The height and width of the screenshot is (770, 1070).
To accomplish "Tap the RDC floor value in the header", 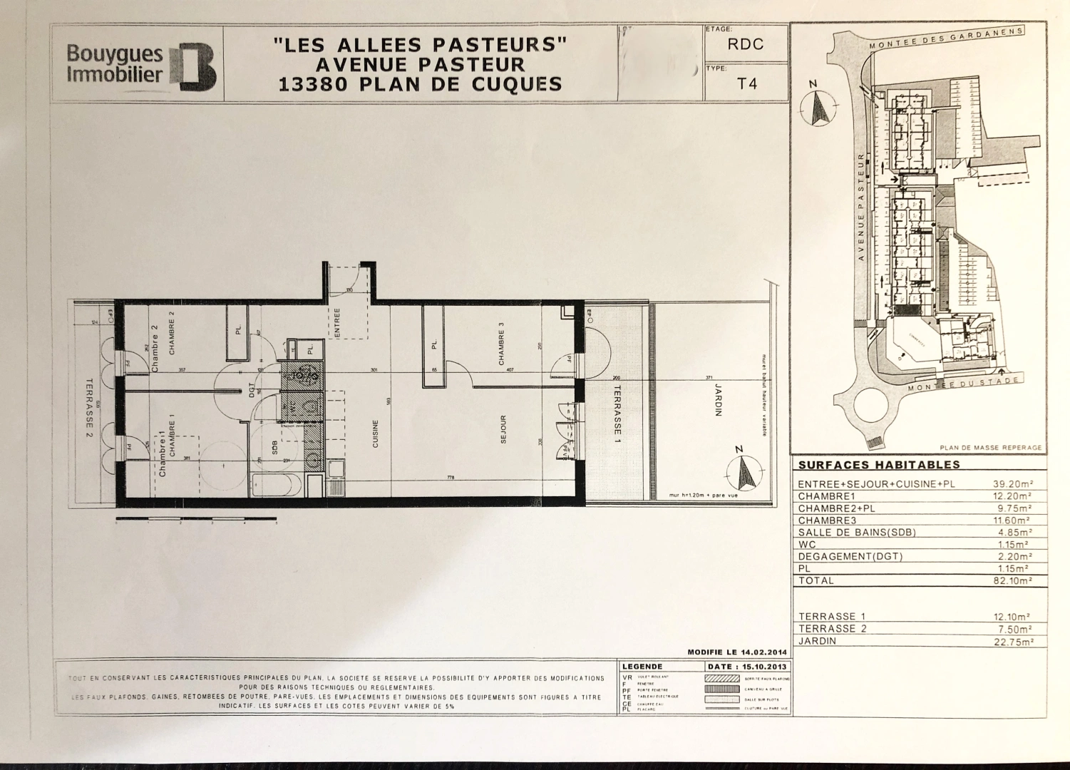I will tap(745, 44).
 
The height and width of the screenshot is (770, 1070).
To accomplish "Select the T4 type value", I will tap(746, 83).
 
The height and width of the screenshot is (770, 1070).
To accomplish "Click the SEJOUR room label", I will tap(503, 429).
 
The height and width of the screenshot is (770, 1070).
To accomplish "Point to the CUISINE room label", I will tap(376, 433).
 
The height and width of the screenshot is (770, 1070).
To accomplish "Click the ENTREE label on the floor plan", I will tap(337, 322).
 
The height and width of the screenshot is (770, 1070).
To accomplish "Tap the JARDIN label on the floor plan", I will tap(719, 399).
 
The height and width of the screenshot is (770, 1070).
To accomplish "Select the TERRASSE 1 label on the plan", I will tap(617, 410).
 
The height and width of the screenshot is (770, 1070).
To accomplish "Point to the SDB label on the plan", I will tap(274, 447).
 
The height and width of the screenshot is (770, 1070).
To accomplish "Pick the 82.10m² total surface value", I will tap(1012, 581).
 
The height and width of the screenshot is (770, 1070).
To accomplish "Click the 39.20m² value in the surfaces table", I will tap(1012, 483).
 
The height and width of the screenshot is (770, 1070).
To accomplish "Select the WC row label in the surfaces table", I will tap(807, 544).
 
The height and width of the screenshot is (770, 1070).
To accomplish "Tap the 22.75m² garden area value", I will tap(1012, 642).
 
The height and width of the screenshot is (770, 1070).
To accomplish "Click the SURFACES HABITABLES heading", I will tap(878, 465).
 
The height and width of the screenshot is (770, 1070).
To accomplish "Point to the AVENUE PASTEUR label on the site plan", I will tap(861, 207).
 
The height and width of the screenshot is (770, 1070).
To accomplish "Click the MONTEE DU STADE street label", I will tap(962, 385).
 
